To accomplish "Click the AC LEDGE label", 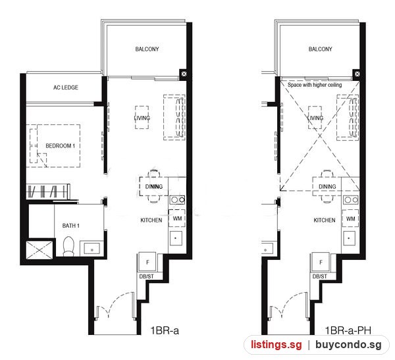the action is (65, 88).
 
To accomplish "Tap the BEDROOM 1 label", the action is (60, 145).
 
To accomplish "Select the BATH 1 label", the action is (71, 226).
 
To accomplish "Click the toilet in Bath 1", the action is (68, 246).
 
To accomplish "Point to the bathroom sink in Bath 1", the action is (92, 249).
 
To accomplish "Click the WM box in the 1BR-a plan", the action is (177, 219).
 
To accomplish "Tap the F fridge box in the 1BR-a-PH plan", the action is (321, 262).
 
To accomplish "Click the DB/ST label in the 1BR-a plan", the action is (146, 276).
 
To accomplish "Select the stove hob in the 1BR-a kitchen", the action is (177, 200).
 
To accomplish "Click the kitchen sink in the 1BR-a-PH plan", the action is (349, 238).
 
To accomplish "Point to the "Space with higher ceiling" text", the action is (315, 85).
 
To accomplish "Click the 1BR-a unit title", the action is (165, 330).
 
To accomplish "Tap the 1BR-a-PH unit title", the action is (348, 330).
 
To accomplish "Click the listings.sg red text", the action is (276, 344).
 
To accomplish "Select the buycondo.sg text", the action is (348, 344).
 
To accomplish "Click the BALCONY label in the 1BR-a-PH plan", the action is (320, 49).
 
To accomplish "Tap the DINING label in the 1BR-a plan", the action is (153, 187).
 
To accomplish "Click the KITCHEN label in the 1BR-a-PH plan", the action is (325, 220).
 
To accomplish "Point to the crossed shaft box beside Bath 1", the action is (39, 250).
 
